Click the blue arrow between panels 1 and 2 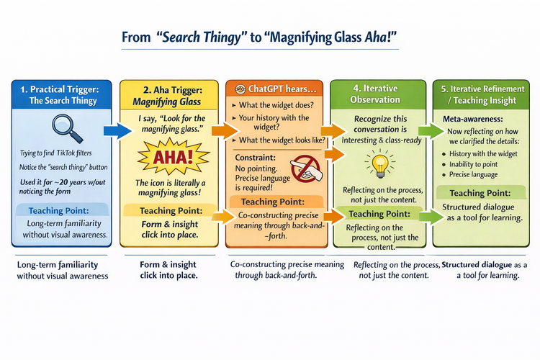pyautogui.click(x=114, y=131)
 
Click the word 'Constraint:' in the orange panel pyautogui.click(x=252, y=156)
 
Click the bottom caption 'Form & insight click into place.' pyautogui.click(x=168, y=270)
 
